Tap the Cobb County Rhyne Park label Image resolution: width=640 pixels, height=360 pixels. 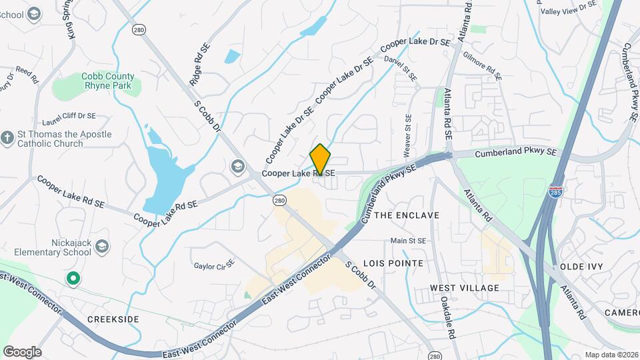click(108, 81)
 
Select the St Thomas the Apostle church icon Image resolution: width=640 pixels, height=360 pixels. click(7, 138)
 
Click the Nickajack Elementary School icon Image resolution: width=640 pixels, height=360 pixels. click(101, 248)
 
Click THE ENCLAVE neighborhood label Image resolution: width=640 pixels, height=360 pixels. click(407, 215)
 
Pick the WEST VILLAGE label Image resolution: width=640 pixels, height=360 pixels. click(464, 288)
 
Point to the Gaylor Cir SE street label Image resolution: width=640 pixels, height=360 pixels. click(214, 265)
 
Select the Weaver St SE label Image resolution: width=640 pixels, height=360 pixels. click(408, 131)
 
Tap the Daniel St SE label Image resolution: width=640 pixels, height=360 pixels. click(401, 69)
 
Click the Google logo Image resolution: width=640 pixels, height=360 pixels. click(22, 351)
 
